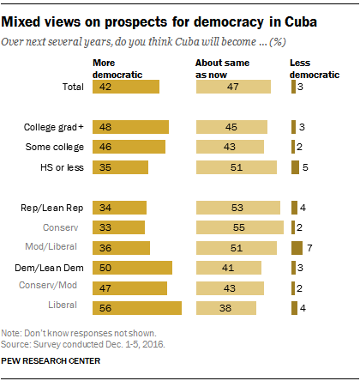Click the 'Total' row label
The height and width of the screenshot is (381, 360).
[72, 87]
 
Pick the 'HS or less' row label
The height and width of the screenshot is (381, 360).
[63, 166]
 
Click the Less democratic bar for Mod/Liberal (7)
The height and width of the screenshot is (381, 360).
[297, 247]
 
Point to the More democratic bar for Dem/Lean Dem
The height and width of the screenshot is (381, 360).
[133, 268]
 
